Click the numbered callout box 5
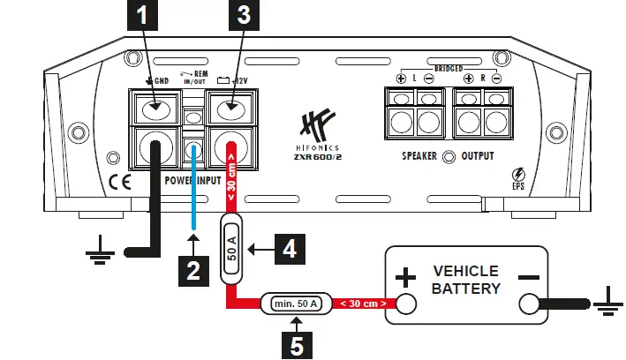pos(298,341)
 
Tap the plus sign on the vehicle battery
pos(404,279)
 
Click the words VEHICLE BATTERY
pos(466,280)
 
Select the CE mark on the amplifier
pos(117,183)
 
